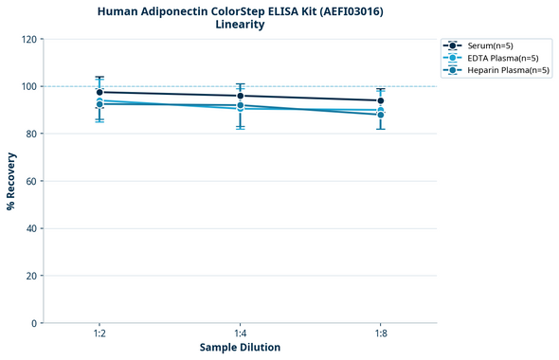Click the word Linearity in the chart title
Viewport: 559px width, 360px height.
[x=240, y=25]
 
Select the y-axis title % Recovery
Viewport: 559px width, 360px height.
[x=11, y=181]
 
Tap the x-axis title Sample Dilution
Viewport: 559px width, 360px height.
[x=240, y=348]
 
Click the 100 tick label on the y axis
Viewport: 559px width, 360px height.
[x=29, y=87]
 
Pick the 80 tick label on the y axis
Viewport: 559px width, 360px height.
[x=32, y=135]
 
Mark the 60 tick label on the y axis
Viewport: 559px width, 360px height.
[x=32, y=182]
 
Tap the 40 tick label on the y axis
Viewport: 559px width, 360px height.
[x=32, y=229]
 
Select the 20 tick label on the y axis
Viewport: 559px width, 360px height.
[x=32, y=277]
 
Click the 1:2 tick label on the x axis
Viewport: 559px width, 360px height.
[x=99, y=333]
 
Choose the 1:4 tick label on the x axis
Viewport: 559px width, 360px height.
[x=240, y=333]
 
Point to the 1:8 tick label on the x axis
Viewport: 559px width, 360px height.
[x=380, y=333]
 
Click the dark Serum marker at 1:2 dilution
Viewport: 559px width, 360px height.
[x=99, y=92]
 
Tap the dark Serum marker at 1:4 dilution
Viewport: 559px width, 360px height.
[x=240, y=96]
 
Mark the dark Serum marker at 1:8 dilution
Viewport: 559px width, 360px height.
[x=380, y=100]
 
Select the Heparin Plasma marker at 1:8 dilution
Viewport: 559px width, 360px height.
[x=380, y=115]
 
